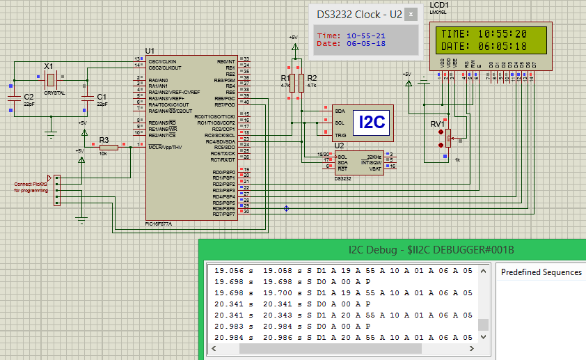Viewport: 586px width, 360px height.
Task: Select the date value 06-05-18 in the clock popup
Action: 366,43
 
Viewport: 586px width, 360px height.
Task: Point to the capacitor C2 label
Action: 29,97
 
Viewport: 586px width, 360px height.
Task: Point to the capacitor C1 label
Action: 102,97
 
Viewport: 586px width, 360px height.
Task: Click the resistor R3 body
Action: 108,148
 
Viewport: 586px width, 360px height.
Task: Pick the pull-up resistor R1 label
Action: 284,78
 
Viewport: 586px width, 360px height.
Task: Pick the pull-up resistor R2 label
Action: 312,78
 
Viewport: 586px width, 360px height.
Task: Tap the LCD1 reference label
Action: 440,5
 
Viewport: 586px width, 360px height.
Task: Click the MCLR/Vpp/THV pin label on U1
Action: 165,147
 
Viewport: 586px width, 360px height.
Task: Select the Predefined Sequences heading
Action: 541,272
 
